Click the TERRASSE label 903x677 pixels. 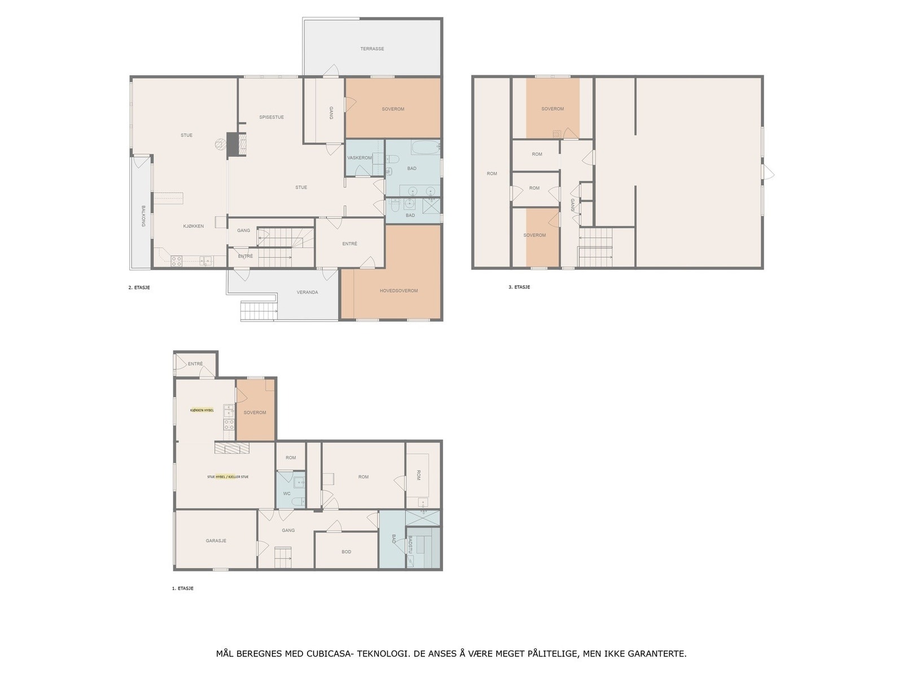[x=372, y=49]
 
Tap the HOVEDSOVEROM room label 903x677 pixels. [x=398, y=291]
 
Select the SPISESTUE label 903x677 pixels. [x=271, y=117]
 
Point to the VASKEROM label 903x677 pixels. [x=359, y=158]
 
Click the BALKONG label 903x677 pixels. [x=143, y=216]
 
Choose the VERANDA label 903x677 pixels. [x=308, y=292]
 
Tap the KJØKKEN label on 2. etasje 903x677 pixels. [x=194, y=226]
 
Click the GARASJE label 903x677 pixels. [x=216, y=540]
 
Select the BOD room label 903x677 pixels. [x=347, y=552]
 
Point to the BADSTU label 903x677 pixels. [x=410, y=545]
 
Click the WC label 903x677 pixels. [x=287, y=494]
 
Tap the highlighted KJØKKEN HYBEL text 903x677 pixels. [x=201, y=410]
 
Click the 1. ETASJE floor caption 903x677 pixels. [x=183, y=588]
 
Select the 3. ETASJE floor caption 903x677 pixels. [x=519, y=287]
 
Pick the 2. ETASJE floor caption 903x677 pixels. [x=139, y=287]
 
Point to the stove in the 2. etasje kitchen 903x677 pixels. [x=177, y=261]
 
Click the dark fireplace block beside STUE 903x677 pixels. [x=233, y=144]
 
